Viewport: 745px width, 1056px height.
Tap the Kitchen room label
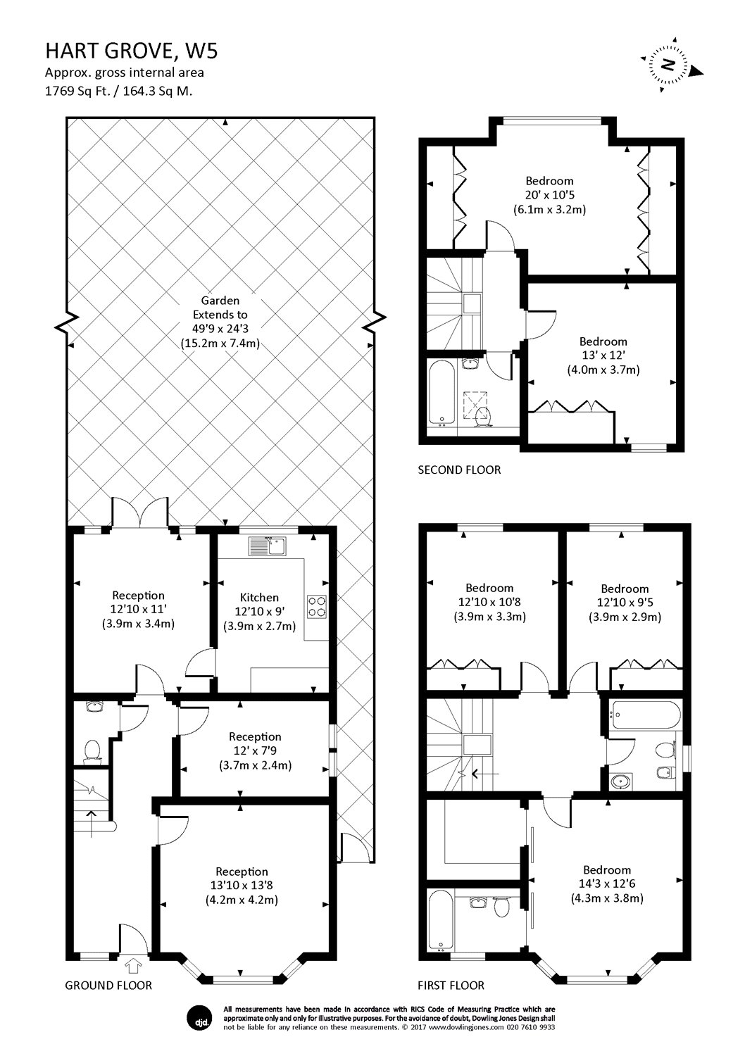259,597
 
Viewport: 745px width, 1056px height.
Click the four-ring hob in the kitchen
317,606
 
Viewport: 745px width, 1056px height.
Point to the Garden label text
220,301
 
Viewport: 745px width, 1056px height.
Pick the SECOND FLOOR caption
459,470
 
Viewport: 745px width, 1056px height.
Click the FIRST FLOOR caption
451,985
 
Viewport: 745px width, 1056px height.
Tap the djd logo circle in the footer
199,1017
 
